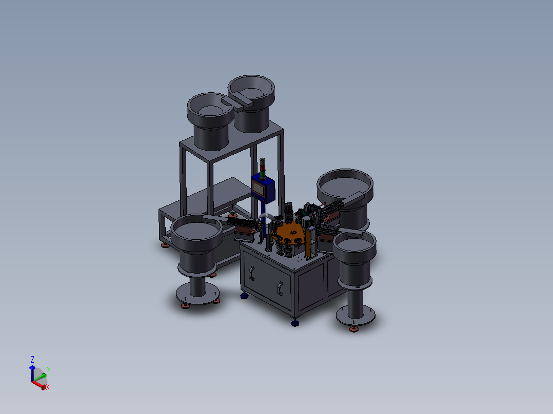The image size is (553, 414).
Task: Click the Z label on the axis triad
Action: tap(32, 359)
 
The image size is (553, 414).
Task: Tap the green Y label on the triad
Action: tap(49, 370)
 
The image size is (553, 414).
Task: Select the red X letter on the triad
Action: tap(48, 387)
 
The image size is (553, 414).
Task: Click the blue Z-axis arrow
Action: tap(32, 374)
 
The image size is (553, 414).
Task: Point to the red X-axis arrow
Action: tap(38, 385)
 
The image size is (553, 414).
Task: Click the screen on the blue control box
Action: tap(258, 189)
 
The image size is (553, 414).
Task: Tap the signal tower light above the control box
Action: tap(263, 169)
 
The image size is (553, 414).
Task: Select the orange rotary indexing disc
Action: tap(290, 234)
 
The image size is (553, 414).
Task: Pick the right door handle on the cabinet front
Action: tap(280, 288)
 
